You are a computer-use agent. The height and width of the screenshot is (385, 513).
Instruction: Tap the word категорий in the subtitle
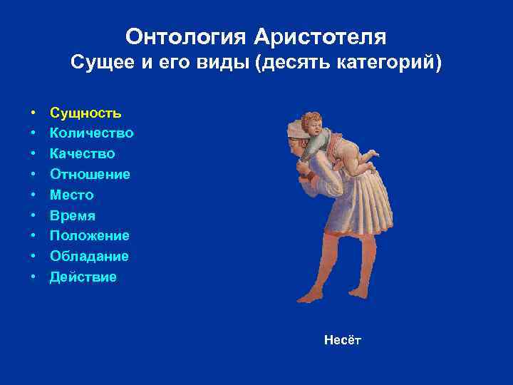click(x=395, y=63)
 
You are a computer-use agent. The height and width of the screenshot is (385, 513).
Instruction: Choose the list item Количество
click(x=91, y=133)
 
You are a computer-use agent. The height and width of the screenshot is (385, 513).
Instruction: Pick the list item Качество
click(x=82, y=154)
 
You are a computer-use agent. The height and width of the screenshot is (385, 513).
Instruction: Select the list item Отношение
click(x=89, y=174)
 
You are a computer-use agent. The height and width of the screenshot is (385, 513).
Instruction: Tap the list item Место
click(x=71, y=195)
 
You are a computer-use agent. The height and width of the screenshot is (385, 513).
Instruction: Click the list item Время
click(x=72, y=215)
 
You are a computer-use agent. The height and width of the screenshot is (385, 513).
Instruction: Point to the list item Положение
click(x=89, y=235)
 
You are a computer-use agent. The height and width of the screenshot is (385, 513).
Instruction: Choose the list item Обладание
click(x=89, y=256)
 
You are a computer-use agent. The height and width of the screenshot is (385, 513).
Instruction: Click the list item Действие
click(x=83, y=277)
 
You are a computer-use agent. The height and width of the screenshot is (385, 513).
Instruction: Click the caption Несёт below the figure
click(x=342, y=340)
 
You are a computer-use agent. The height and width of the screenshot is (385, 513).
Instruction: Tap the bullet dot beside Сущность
click(x=33, y=113)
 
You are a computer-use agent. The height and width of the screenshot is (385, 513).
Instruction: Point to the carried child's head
click(x=312, y=123)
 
